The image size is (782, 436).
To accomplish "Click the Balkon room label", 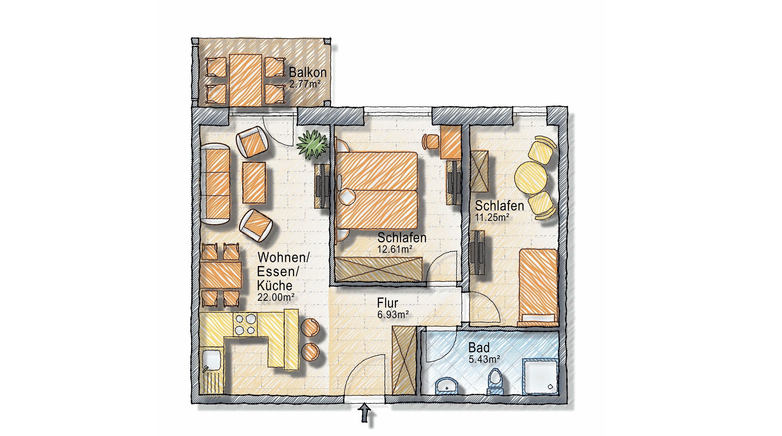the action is click(x=308, y=72).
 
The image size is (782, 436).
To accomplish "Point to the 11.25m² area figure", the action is click(x=492, y=217).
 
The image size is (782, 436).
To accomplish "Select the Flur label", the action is click(x=388, y=303).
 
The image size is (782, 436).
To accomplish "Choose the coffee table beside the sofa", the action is click(x=254, y=182).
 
